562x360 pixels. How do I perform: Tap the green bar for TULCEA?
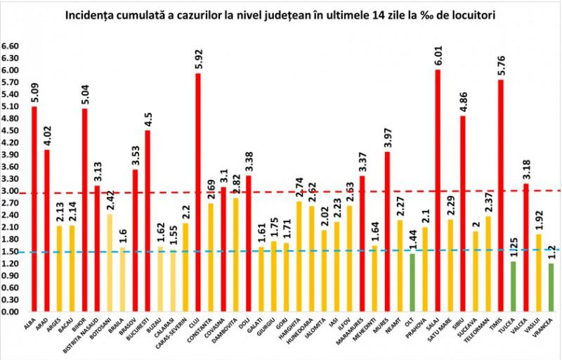click(513, 285)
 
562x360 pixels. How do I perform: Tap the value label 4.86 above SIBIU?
click(463, 101)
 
